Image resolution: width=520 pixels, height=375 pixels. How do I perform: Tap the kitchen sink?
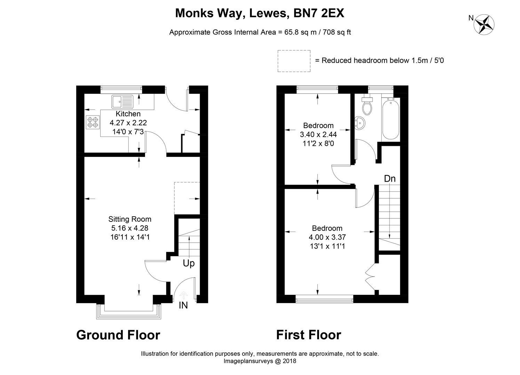[x=122, y=102]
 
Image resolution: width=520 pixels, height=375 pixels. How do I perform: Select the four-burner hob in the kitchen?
[x=93, y=122]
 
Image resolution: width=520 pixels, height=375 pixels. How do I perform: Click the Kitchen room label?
[x=128, y=114]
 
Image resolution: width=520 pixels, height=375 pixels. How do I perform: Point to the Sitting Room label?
[x=130, y=219]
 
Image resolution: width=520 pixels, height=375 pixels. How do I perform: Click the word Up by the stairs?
[x=189, y=264]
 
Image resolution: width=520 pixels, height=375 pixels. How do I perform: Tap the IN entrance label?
[x=183, y=306]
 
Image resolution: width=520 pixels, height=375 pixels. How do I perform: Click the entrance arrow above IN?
[x=183, y=295]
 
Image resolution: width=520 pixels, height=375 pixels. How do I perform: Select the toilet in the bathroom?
[x=367, y=106]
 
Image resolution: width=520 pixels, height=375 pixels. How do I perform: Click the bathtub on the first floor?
[x=391, y=119]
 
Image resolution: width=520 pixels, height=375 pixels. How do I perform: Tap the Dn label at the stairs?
[x=390, y=179]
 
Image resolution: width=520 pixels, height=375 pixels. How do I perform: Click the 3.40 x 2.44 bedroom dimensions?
[x=318, y=134]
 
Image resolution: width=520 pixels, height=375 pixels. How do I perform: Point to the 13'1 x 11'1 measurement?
[x=327, y=247]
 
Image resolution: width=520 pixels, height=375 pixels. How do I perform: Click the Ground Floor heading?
[x=118, y=335]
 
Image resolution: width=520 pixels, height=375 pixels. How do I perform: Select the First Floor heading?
[x=309, y=335]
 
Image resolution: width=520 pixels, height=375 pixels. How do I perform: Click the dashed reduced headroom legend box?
[x=294, y=61]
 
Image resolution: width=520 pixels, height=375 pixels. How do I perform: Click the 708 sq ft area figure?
[x=337, y=32]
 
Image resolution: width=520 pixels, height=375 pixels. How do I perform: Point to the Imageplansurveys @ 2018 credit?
[x=259, y=361]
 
